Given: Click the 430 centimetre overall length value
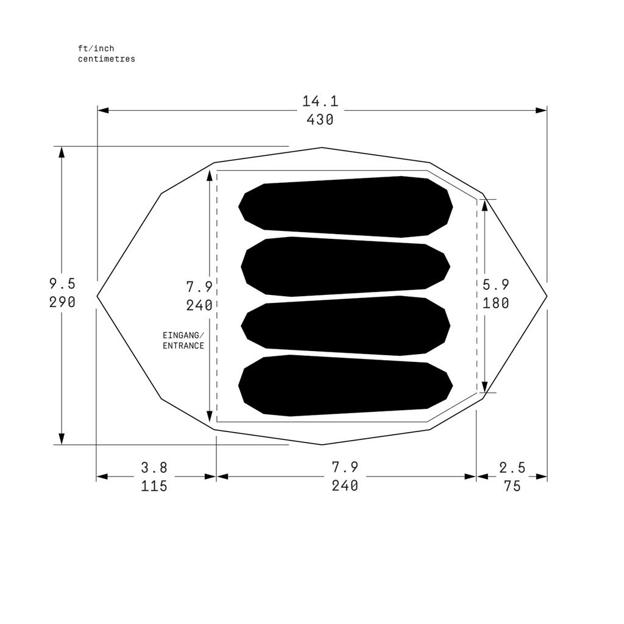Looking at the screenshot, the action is pyautogui.click(x=320, y=120).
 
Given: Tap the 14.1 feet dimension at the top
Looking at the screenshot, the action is pyautogui.click(x=321, y=101).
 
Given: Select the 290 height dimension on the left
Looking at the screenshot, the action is pyautogui.click(x=62, y=302).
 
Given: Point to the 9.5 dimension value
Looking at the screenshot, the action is pyautogui.click(x=62, y=284).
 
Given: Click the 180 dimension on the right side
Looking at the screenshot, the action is pyautogui.click(x=495, y=303).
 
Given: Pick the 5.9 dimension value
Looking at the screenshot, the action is pyautogui.click(x=495, y=285).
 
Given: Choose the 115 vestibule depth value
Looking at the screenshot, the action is pyautogui.click(x=154, y=486).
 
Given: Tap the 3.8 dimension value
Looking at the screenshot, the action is pyautogui.click(x=154, y=467).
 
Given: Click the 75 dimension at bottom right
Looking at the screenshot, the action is pyautogui.click(x=512, y=486).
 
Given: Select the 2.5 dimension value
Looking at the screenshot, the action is pyautogui.click(x=512, y=467).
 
